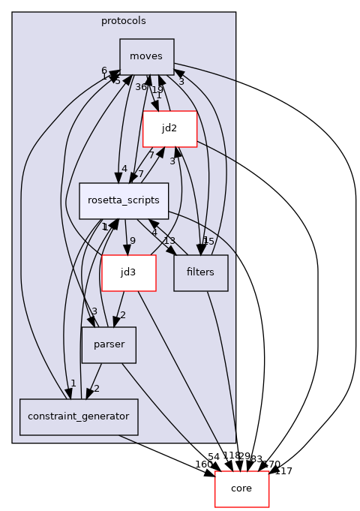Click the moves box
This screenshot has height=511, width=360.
pyautogui.click(x=147, y=57)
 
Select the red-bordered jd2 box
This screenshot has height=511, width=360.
pyautogui.click(x=169, y=129)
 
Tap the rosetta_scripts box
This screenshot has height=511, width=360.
pyautogui.click(x=124, y=200)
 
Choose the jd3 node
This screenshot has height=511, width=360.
pyautogui.click(x=128, y=272)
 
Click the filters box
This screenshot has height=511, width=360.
pyautogui.click(x=200, y=272)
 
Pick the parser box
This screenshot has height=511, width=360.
pyautogui.click(x=109, y=344)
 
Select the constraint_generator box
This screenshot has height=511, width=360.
pyautogui.click(x=79, y=416)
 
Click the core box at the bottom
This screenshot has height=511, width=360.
pyautogui.click(x=241, y=488)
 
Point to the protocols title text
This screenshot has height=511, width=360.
pyautogui.click(x=124, y=20)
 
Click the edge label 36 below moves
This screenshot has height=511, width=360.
pyautogui.click(x=141, y=87)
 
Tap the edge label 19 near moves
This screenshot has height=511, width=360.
pyautogui.click(x=157, y=89)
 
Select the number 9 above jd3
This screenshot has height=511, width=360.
pyautogui.click(x=133, y=241)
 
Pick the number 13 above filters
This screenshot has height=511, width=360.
pyautogui.click(x=169, y=241)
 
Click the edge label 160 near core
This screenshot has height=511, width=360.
pyautogui.click(x=203, y=464)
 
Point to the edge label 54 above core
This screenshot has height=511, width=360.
pyautogui.click(x=214, y=457)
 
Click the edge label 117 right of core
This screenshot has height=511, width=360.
pyautogui.click(x=283, y=471)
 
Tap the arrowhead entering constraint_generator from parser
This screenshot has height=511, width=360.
pyautogui.click(x=88, y=395)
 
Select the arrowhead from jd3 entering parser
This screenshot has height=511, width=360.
pyautogui.click(x=113, y=323)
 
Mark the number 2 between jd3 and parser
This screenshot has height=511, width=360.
pyautogui.click(x=122, y=315)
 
